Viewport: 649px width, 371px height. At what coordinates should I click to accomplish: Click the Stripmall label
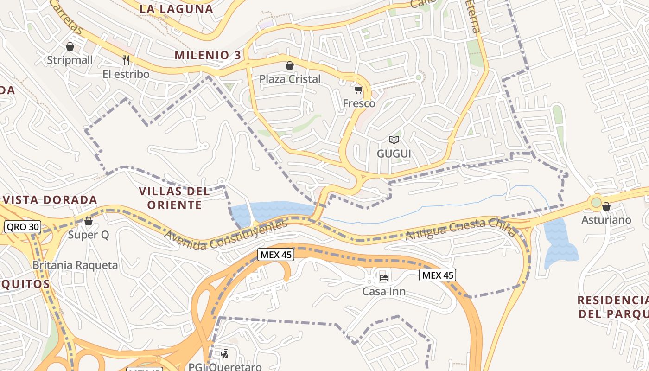pyautogui.click(x=70, y=60)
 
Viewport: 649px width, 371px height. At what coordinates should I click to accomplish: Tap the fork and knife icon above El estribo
pyautogui.click(x=126, y=60)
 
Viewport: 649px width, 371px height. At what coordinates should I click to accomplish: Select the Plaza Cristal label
pyautogui.click(x=290, y=79)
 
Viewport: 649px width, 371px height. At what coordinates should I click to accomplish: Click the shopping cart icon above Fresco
pyautogui.click(x=359, y=89)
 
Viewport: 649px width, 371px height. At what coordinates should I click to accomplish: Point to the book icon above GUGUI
pyautogui.click(x=394, y=140)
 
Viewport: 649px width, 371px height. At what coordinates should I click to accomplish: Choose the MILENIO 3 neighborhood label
pyautogui.click(x=208, y=55)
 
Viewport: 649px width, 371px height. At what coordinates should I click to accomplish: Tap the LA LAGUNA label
pyautogui.click(x=176, y=8)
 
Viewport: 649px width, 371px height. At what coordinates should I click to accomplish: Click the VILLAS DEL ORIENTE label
pyautogui.click(x=174, y=198)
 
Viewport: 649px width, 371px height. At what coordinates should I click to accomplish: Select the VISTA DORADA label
pyautogui.click(x=50, y=200)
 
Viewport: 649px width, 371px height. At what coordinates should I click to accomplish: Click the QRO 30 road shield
pyautogui.click(x=23, y=227)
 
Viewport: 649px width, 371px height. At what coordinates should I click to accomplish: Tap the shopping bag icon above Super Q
pyautogui.click(x=88, y=221)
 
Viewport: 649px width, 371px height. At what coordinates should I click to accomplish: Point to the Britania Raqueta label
pyautogui.click(x=75, y=265)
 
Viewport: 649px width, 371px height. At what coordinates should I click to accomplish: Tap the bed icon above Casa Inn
pyautogui.click(x=384, y=277)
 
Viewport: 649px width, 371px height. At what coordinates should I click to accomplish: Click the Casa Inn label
pyautogui.click(x=384, y=292)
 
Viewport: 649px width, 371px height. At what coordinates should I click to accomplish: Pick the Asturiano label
pyautogui.click(x=606, y=220)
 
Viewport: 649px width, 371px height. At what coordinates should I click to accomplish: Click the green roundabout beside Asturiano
pyautogui.click(x=596, y=203)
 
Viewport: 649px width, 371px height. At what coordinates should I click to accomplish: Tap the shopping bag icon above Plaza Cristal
pyautogui.click(x=290, y=65)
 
